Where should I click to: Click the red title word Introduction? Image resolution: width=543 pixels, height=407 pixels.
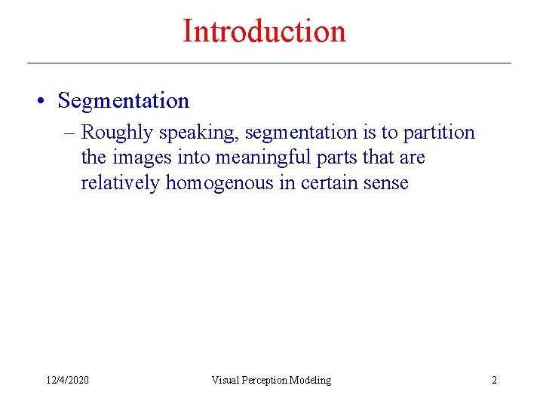[264, 32]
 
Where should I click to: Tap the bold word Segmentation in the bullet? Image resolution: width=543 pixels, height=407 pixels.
[124, 100]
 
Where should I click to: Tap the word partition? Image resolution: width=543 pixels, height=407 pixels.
[439, 133]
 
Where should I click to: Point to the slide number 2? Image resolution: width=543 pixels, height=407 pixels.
[494, 380]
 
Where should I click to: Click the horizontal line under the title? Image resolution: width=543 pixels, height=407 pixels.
[269, 63]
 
